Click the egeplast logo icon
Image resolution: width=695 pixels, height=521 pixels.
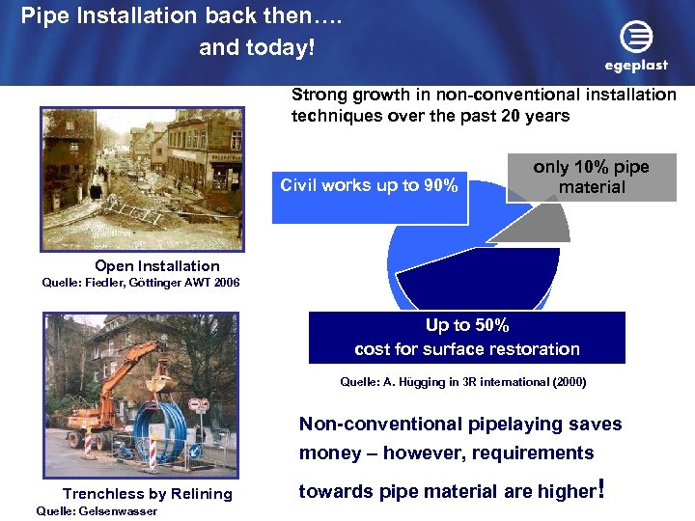(x=636, y=38)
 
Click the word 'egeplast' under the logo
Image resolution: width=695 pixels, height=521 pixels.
(x=636, y=66)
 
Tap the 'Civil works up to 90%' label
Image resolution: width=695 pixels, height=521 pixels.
(x=369, y=186)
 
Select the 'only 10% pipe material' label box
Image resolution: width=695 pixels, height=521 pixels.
(x=592, y=178)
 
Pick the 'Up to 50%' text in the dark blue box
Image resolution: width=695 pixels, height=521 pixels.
(x=467, y=326)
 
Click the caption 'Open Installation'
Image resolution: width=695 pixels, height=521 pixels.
(x=157, y=266)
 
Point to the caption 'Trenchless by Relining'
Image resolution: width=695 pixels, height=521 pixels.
(x=148, y=494)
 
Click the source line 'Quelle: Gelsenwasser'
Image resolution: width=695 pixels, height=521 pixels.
(x=96, y=511)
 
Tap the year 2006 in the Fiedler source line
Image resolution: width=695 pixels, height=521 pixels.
(x=223, y=283)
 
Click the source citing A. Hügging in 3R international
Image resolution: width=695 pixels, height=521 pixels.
(x=463, y=382)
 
